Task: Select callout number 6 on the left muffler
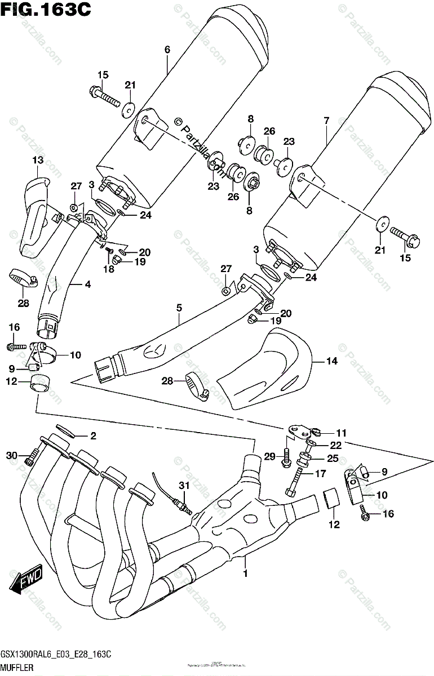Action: [x=167, y=50]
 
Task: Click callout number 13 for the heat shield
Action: [x=37, y=161]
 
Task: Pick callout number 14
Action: [x=332, y=361]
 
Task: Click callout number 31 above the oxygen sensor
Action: [x=182, y=486]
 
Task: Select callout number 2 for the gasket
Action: [x=94, y=435]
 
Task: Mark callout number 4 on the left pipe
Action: [x=87, y=285]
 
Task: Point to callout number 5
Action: [x=179, y=308]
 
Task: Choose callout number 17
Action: [x=320, y=474]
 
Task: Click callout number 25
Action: [x=333, y=459]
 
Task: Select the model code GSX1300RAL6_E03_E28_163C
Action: [x=55, y=653]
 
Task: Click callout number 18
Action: [x=108, y=269]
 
